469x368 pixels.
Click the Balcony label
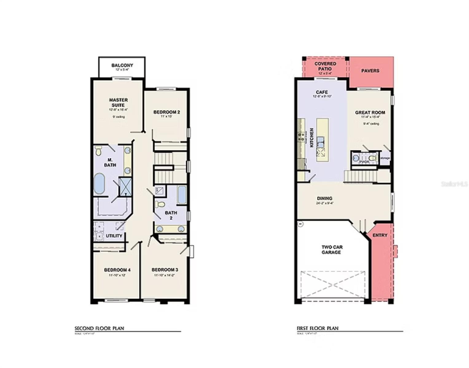[122, 65]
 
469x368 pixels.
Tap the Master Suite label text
[118, 102]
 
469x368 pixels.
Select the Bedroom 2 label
[166, 112]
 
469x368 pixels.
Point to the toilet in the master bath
[98, 151]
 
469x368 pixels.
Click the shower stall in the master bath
[125, 186]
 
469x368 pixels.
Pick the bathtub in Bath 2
[182, 194]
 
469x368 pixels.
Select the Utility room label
[114, 236]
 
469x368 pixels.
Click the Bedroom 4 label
[117, 270]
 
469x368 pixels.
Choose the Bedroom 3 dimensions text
[164, 275]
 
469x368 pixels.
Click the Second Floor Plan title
[99, 328]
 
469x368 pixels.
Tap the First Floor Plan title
[317, 328]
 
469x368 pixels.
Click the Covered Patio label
[325, 66]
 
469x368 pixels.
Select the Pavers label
[370, 71]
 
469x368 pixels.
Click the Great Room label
[370, 113]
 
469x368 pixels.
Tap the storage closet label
[385, 158]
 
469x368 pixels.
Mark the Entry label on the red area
[380, 235]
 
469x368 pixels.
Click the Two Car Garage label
[332, 250]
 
